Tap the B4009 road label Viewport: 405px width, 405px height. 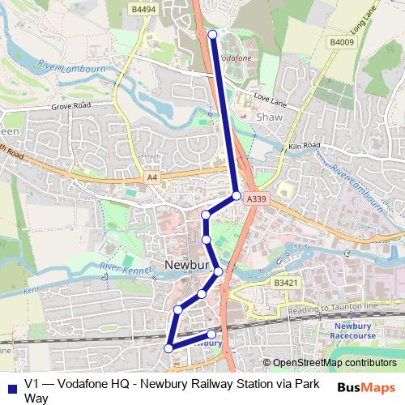[341, 41]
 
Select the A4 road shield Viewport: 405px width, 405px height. [151, 177]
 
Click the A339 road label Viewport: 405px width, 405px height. [256, 198]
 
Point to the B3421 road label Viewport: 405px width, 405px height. [284, 283]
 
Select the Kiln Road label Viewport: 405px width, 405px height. [305, 147]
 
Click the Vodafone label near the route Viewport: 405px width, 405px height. [235, 58]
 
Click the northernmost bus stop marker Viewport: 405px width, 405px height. [212, 34]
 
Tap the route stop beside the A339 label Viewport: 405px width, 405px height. [236, 195]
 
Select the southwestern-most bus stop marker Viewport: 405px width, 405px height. [168, 347]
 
